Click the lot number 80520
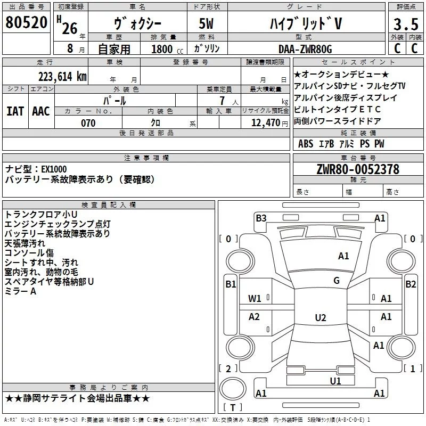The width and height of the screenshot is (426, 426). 26,23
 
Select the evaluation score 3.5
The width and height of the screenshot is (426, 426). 405,24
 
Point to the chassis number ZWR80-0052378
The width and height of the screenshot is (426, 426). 358,169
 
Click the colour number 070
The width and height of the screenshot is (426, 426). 88,123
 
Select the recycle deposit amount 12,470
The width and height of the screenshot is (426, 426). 265,123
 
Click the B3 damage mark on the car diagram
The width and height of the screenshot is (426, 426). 261,218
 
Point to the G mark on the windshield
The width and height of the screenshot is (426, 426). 337,281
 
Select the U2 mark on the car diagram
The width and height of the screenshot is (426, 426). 320,318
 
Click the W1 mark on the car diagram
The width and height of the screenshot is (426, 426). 255,299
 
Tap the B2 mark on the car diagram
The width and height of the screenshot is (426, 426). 411,284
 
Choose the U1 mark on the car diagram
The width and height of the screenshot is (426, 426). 335,381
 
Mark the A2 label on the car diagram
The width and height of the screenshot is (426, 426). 255,317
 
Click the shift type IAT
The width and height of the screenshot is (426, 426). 15,111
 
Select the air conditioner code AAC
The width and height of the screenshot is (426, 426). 40,111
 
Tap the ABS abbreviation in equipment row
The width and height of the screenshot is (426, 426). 306,144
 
